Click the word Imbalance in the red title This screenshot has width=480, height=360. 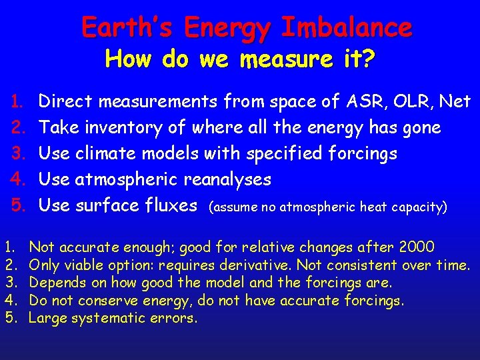pos(347,28)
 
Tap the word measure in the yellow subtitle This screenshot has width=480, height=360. pos(277,60)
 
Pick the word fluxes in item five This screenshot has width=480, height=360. pos(171,206)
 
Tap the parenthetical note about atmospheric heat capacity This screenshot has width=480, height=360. pos(327,207)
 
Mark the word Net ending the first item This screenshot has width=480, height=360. pos(455,101)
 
